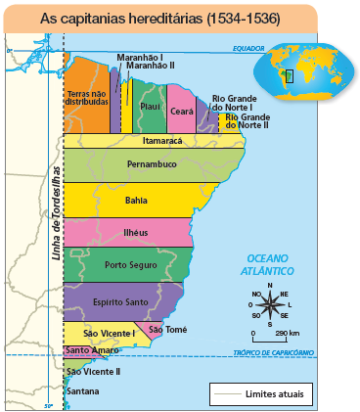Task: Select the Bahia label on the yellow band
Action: (137, 200)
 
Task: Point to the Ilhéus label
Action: (136, 233)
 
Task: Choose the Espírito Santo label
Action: (120, 301)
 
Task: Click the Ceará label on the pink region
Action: (181, 112)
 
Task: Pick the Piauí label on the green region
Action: (150, 106)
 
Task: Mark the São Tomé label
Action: (162, 329)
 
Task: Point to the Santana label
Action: (82, 391)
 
